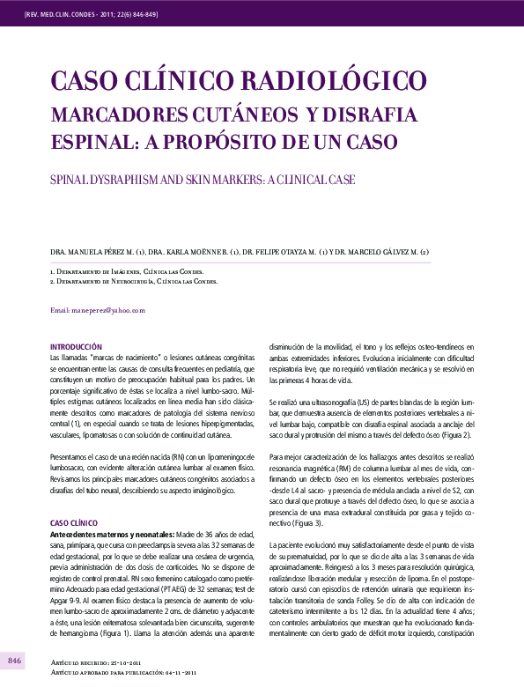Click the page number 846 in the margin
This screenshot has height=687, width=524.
[15, 661]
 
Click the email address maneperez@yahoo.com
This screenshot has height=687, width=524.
[97, 310]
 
